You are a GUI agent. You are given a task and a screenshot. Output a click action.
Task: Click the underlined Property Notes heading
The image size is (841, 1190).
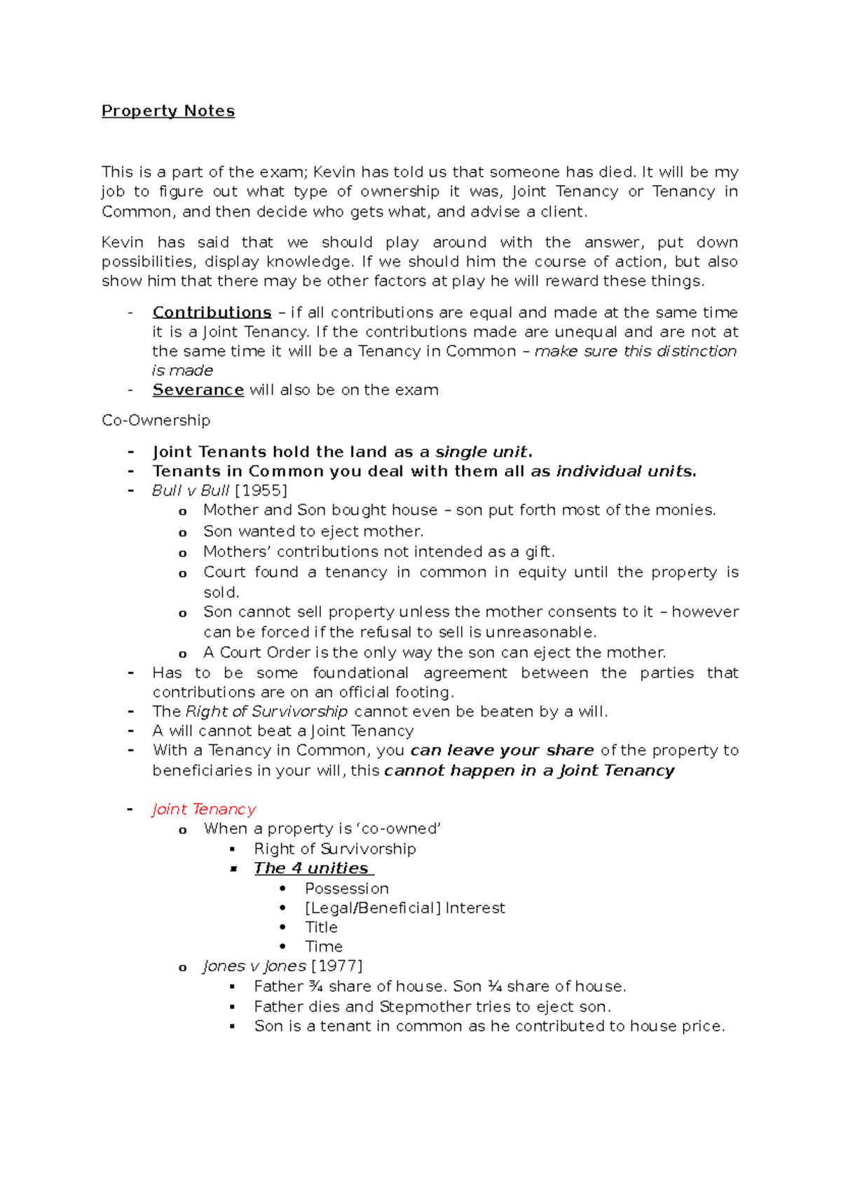click(168, 111)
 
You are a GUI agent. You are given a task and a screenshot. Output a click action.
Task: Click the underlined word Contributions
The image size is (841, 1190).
click(212, 312)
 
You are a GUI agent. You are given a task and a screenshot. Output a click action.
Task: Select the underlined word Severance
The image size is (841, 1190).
click(198, 390)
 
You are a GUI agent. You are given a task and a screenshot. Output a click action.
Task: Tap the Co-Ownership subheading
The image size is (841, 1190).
click(156, 420)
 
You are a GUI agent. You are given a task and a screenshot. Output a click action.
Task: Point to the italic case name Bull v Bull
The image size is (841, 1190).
click(191, 491)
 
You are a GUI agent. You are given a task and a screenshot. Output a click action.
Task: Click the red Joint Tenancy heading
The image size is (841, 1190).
click(204, 809)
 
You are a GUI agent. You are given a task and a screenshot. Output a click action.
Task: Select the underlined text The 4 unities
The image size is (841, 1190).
click(313, 868)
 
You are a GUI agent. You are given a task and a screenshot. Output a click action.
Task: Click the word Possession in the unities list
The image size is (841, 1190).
click(346, 889)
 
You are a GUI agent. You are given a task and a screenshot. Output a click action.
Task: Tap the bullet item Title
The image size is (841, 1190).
click(321, 927)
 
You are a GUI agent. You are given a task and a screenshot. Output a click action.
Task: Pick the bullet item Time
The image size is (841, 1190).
click(323, 947)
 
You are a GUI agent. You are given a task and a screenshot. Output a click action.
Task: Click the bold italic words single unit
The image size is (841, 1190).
click(481, 452)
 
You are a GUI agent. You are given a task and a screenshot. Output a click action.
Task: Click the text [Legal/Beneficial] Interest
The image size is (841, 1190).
click(404, 908)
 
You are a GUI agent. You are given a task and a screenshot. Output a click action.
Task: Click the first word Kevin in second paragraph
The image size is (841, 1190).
click(123, 242)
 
